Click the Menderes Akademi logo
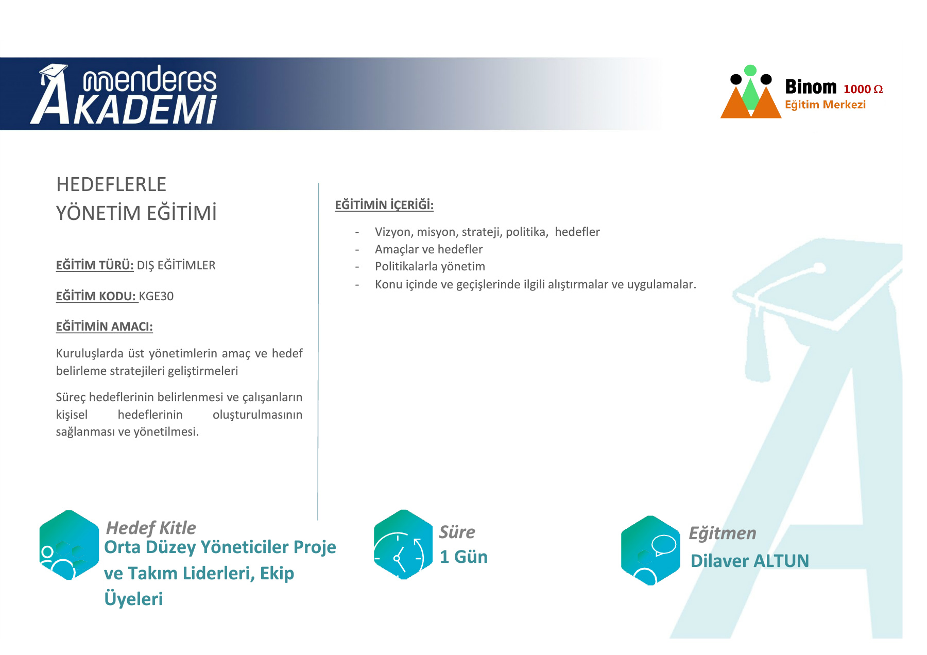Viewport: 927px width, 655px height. pyautogui.click(x=124, y=94)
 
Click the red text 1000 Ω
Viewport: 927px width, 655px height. pyautogui.click(x=863, y=89)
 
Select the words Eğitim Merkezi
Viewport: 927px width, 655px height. pyautogui.click(x=825, y=105)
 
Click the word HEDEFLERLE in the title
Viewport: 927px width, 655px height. pyautogui.click(x=111, y=184)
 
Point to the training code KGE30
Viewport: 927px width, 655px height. pyautogui.click(x=156, y=296)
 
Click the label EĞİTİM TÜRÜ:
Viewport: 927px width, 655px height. pyautogui.click(x=95, y=265)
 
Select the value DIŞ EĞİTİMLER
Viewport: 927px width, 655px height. pyautogui.click(x=176, y=265)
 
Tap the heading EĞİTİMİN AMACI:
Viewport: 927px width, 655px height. pyautogui.click(x=105, y=326)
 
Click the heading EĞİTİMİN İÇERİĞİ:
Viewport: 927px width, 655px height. pyautogui.click(x=384, y=205)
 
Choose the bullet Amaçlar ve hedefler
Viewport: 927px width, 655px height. pyautogui.click(x=428, y=249)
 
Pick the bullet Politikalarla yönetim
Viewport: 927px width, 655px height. pyautogui.click(x=430, y=266)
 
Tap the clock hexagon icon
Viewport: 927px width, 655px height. pyautogui.click(x=403, y=545)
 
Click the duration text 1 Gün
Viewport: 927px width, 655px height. pyautogui.click(x=463, y=557)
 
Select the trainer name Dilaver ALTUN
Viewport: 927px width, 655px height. pyautogui.click(x=750, y=561)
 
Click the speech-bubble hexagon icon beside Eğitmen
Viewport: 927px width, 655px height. pyautogui.click(x=650, y=550)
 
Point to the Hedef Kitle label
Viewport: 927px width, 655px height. pyautogui.click(x=151, y=528)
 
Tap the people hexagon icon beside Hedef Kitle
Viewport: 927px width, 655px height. pyautogui.click(x=69, y=545)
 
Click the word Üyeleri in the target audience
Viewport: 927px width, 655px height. pyautogui.click(x=133, y=599)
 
